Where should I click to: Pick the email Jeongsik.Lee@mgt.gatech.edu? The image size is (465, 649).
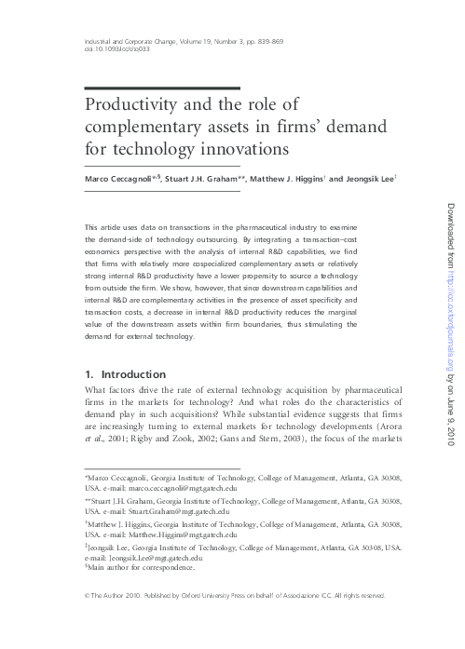pyautogui.click(x=150, y=559)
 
